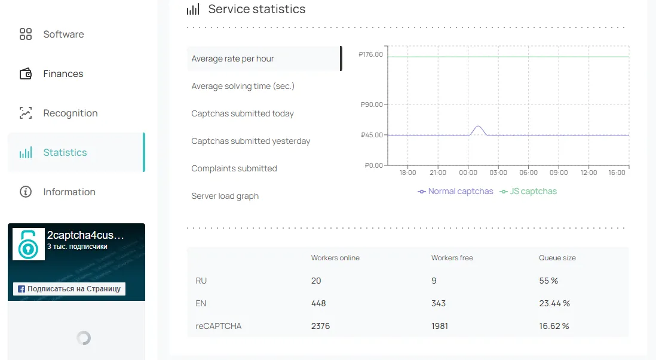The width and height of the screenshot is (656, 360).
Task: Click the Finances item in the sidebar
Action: [63, 74]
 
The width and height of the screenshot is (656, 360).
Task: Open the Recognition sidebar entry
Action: [70, 113]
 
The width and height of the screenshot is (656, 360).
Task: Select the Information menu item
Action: [69, 192]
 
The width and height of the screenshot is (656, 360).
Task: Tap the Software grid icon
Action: [26, 34]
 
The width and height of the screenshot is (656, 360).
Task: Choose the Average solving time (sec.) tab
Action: [243, 86]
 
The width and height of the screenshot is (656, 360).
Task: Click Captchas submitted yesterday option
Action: [250, 141]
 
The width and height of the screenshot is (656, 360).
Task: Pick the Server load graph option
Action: [225, 196]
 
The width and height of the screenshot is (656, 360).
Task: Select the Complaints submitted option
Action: [234, 168]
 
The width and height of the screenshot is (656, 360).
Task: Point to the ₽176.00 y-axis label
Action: [371, 55]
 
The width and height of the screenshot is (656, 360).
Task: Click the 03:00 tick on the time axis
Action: [498, 173]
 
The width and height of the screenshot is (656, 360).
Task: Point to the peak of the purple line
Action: [478, 127]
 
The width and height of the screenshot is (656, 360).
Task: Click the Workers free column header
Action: [452, 258]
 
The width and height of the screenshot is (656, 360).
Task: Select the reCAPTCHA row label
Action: [218, 326]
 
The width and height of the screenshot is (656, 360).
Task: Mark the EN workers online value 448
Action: [318, 303]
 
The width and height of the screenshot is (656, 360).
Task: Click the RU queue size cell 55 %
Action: [548, 281]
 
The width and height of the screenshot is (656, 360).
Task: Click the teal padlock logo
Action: [29, 244]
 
